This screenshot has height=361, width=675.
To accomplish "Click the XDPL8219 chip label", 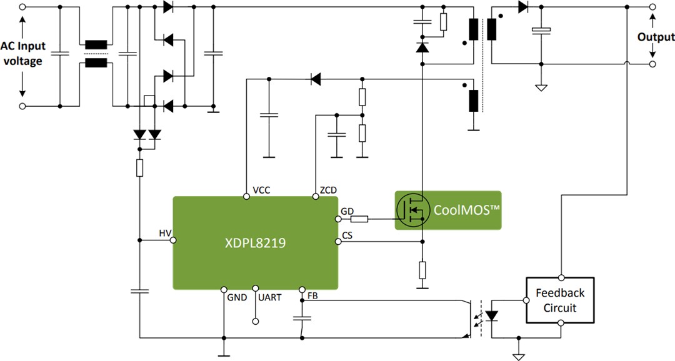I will (255, 244).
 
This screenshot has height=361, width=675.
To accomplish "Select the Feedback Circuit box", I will (559, 300).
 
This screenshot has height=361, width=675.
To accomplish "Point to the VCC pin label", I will (261, 190).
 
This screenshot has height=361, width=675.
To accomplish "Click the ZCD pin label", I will (329, 190).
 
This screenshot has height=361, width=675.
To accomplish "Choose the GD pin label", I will (347, 212).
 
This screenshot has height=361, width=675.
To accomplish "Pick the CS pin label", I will (347, 235).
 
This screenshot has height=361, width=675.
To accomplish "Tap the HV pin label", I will (165, 233).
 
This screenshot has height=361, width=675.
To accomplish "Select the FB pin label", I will (312, 295).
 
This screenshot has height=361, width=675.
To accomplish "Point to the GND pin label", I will (237, 298).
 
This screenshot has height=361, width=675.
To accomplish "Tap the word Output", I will (656, 37).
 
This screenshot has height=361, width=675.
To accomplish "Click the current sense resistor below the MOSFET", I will (422, 270).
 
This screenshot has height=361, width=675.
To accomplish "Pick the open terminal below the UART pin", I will (255, 321).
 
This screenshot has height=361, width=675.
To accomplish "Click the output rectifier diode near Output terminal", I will (522, 7).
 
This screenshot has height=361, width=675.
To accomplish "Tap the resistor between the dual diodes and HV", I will (139, 167).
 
